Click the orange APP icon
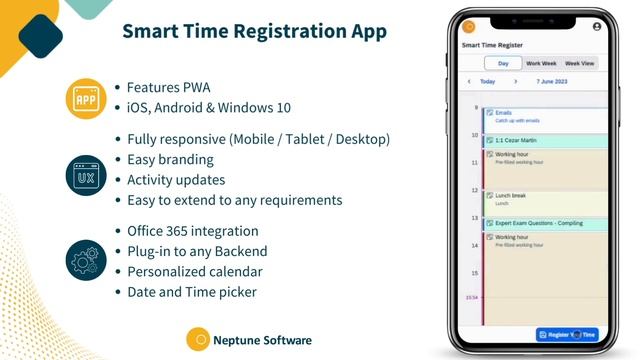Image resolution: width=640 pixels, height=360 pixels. click(x=85, y=98)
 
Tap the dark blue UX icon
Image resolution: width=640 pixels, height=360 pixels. click(x=85, y=174)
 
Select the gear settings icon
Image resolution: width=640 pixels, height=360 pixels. click(x=85, y=259)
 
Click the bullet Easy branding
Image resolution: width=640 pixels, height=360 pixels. click(x=170, y=159)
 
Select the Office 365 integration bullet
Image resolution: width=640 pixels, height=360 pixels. click(x=192, y=230)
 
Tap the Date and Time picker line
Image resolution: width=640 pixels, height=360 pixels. click(x=192, y=291)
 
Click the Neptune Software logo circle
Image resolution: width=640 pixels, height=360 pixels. click(x=198, y=340)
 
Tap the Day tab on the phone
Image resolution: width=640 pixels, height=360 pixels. click(x=503, y=63)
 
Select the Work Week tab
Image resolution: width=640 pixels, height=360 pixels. click(x=541, y=63)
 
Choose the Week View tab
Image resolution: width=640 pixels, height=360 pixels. click(x=580, y=63)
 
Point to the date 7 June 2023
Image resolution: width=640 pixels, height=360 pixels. click(x=552, y=82)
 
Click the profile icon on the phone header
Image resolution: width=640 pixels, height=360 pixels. click(x=597, y=27)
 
